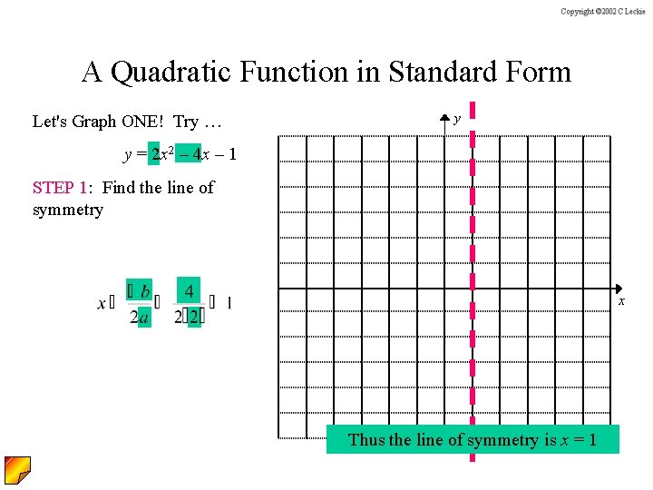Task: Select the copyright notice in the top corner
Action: (602, 11)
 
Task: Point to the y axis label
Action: (457, 119)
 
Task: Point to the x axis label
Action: (621, 300)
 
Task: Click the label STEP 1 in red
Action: (60, 188)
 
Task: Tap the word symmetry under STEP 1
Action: (68, 210)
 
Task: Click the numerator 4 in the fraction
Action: (189, 291)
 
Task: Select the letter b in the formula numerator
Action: (145, 291)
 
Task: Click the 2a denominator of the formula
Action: (139, 317)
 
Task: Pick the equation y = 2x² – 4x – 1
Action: (180, 154)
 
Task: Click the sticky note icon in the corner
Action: (17, 470)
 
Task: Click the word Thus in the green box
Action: (366, 440)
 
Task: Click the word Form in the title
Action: (539, 72)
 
